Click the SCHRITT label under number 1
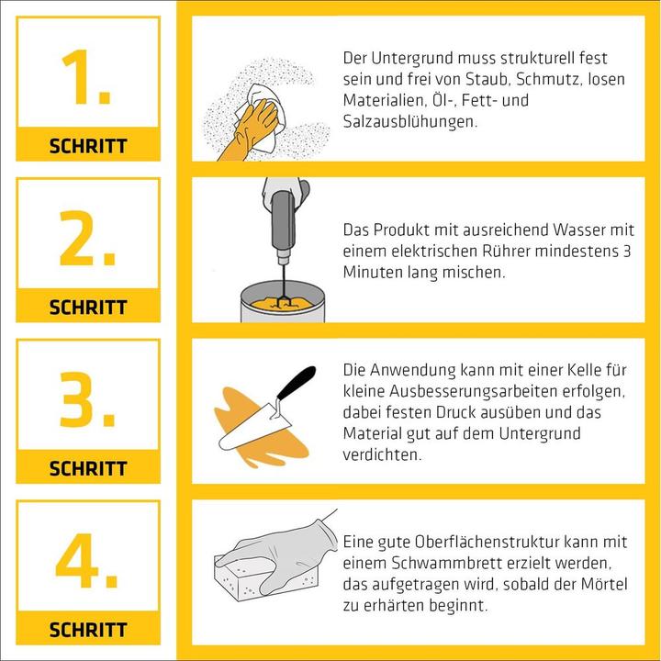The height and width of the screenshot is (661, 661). coord(88,146)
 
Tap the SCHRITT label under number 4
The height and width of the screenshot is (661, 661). coord(88,631)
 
